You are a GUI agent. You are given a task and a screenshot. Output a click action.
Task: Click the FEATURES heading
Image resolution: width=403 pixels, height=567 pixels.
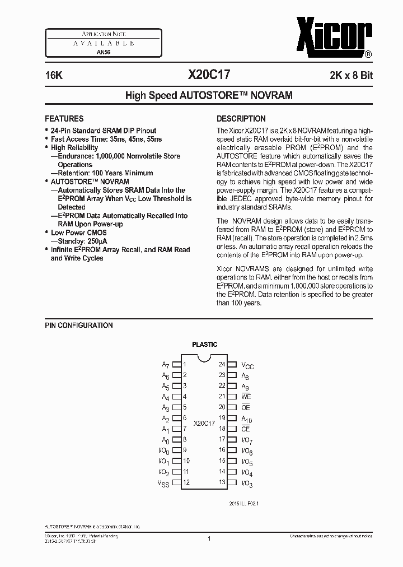[64, 119]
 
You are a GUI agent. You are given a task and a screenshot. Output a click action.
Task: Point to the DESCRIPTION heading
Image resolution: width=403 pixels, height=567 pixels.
[241, 119]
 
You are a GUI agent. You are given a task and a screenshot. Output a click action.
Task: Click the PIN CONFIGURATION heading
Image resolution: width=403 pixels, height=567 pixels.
[78, 326]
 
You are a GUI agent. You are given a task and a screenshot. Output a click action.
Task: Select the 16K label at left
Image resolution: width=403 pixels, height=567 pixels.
[54, 74]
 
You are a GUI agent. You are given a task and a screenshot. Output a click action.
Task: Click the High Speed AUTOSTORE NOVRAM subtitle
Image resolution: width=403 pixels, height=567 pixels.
[209, 96]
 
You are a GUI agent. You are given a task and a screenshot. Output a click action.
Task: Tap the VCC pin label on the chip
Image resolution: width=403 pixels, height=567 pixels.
[247, 365]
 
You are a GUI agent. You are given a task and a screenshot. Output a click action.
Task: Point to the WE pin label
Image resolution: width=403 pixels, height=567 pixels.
[246, 397]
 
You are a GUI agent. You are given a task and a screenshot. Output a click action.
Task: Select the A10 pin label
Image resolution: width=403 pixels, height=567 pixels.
[247, 419]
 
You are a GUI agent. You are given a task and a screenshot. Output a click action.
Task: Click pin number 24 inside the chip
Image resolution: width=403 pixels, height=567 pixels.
[222, 364]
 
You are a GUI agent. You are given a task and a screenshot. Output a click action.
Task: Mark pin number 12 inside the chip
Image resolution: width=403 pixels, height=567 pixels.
[186, 482]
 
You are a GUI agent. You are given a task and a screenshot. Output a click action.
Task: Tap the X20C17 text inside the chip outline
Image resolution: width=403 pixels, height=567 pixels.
[204, 424]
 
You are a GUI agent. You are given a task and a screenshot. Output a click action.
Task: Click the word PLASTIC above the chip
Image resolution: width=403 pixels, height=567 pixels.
[204, 345]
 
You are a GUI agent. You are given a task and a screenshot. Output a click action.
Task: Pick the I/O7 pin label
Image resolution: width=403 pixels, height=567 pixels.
[247, 440]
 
